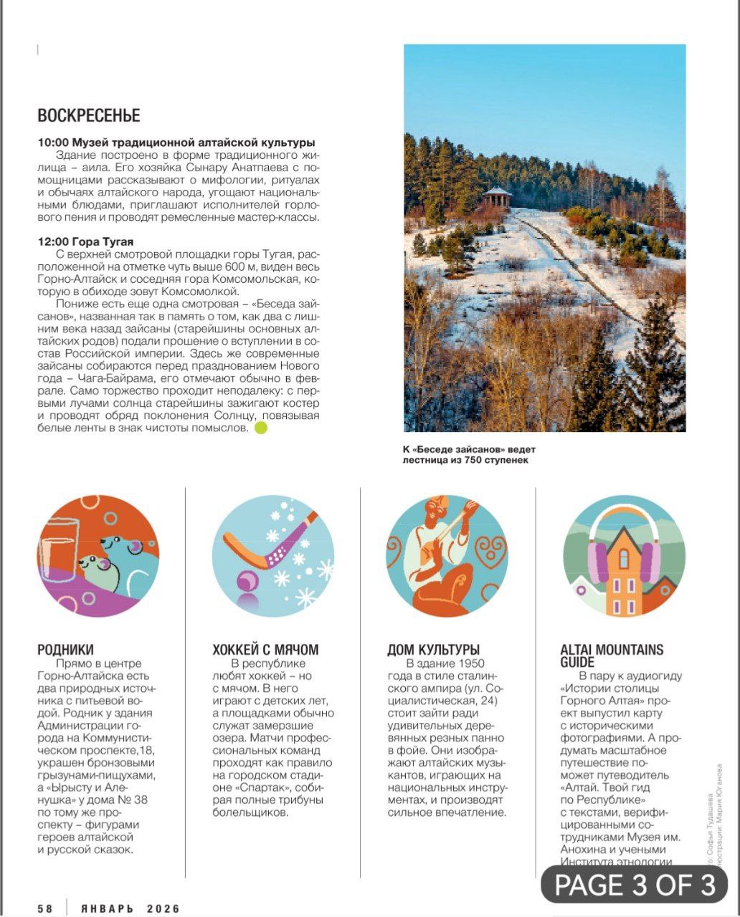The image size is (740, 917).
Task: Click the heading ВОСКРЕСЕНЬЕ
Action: point(89,115)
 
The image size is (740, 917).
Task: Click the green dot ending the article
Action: point(261,428)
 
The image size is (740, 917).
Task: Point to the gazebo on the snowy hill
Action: point(496,196)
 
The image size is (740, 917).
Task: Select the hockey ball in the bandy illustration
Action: point(247,581)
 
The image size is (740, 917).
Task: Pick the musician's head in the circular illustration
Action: point(432,512)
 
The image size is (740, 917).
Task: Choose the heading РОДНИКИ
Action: point(66,650)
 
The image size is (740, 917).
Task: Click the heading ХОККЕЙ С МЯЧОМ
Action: point(265,650)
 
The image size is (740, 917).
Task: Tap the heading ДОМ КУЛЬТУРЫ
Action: point(433,650)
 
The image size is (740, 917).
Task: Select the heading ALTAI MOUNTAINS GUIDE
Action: point(612,656)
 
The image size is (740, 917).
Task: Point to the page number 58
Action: point(46,908)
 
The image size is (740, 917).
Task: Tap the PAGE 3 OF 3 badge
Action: point(635,885)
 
